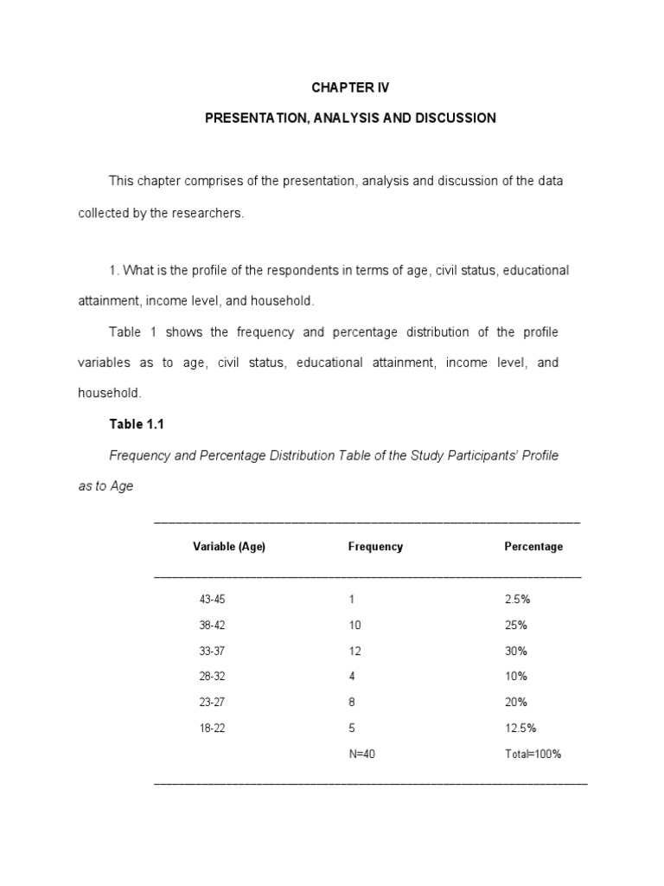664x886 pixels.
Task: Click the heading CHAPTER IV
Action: coord(350,88)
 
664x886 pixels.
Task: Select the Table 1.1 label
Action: coord(136,424)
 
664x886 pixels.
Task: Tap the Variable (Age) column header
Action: coord(228,547)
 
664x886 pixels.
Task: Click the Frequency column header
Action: coord(375,547)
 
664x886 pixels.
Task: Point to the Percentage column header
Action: coord(533,547)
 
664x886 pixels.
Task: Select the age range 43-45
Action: coord(212,599)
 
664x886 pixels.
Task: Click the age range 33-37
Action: coord(212,651)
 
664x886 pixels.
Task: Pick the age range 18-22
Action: coord(212,729)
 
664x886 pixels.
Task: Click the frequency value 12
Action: coord(354,651)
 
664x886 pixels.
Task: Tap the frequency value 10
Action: coord(354,625)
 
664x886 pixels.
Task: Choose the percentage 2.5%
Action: coord(517,599)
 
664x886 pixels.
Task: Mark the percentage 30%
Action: coord(515,651)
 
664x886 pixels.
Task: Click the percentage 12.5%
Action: coord(520,729)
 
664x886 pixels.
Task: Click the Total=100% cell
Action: coord(533,754)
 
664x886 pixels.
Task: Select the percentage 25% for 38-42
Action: coord(515,625)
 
